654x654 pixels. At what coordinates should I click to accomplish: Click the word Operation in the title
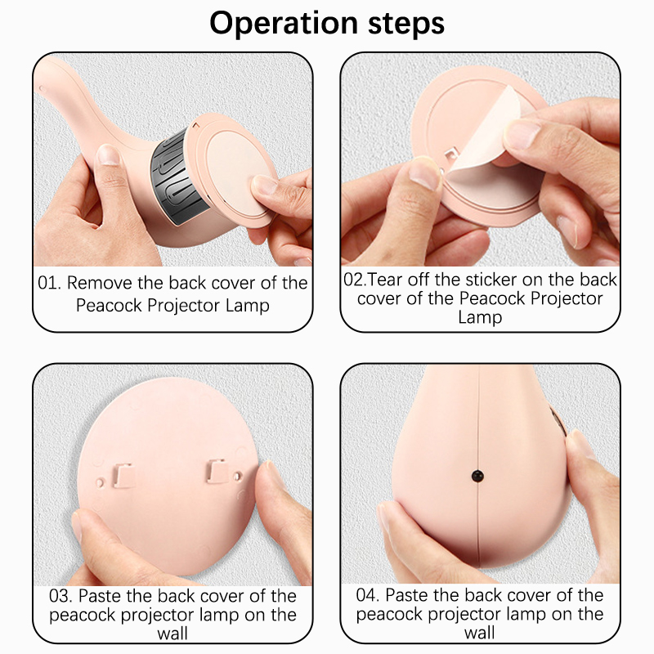pyautogui.click(x=284, y=24)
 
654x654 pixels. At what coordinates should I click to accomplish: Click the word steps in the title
pyautogui.click(x=406, y=24)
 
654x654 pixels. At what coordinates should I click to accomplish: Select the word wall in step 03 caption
pyautogui.click(x=172, y=634)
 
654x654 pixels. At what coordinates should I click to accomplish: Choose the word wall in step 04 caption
pyautogui.click(x=480, y=633)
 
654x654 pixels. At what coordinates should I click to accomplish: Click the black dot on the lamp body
pyautogui.click(x=477, y=476)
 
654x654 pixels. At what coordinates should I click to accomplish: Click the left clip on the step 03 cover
pyautogui.click(x=124, y=476)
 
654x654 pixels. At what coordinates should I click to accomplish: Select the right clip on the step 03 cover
pyautogui.click(x=217, y=472)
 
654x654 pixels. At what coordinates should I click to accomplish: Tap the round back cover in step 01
pyautogui.click(x=234, y=171)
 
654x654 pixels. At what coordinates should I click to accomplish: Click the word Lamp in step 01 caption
pyautogui.click(x=248, y=305)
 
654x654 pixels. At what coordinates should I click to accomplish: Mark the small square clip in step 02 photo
pyautogui.click(x=450, y=155)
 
